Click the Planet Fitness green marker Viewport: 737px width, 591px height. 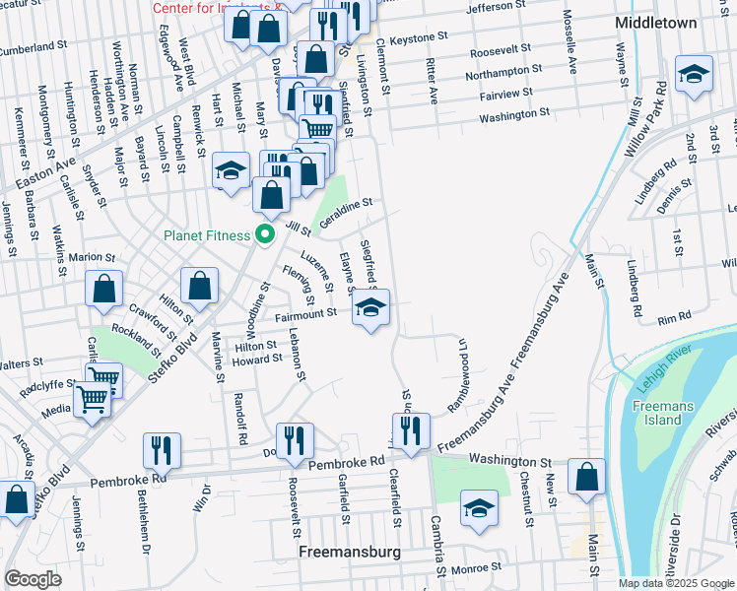click(x=264, y=234)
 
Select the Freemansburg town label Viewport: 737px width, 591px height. click(x=349, y=553)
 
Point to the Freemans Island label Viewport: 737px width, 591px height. click(x=655, y=412)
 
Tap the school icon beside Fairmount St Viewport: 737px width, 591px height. click(x=370, y=308)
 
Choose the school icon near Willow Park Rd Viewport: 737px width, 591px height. click(x=694, y=75)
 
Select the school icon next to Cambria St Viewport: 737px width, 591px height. click(x=479, y=509)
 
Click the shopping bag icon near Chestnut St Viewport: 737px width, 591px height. click(x=586, y=477)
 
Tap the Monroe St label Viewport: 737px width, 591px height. click(x=476, y=567)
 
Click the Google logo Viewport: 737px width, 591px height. click(x=33, y=578)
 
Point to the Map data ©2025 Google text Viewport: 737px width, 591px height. click(x=676, y=583)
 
